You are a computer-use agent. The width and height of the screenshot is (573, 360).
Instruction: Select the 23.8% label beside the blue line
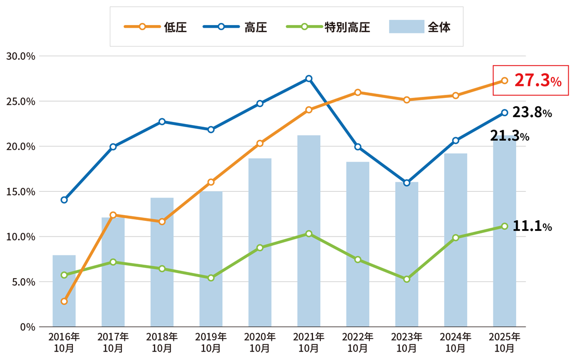click(532, 113)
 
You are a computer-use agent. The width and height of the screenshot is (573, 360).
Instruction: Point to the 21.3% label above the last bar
click(509, 136)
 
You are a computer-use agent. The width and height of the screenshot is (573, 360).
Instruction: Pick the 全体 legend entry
click(419, 27)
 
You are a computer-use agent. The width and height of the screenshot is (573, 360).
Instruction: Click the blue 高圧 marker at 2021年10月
click(309, 79)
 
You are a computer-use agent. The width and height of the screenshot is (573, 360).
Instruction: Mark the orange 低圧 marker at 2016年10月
click(64, 301)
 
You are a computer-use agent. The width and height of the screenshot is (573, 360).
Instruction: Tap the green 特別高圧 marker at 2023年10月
click(407, 279)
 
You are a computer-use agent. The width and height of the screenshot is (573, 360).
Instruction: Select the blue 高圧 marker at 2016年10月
click(64, 200)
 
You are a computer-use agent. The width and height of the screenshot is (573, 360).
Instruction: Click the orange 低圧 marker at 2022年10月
click(358, 92)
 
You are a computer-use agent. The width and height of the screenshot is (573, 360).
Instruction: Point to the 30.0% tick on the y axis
click(20, 56)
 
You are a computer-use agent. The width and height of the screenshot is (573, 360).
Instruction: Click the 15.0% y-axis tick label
click(20, 191)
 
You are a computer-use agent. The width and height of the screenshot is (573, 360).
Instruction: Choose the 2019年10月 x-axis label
click(211, 342)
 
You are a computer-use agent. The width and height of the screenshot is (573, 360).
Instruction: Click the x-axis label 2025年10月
click(505, 342)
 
